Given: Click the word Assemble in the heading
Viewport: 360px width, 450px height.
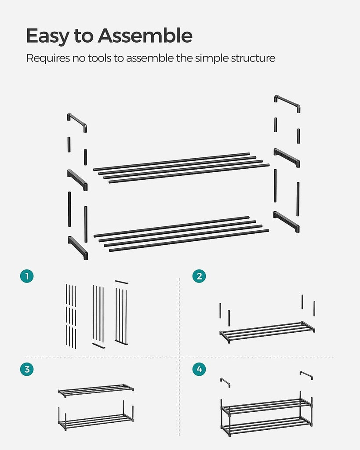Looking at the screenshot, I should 145,36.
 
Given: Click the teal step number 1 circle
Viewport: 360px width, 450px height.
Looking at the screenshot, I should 27,276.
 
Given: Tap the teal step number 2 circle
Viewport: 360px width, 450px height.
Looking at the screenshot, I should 199,276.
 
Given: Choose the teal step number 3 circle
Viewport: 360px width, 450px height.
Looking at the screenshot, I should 27,369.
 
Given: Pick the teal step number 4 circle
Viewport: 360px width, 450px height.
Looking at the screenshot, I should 199,369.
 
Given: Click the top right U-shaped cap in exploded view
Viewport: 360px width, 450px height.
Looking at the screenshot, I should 287,103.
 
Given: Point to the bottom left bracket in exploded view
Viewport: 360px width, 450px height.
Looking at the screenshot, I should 78,247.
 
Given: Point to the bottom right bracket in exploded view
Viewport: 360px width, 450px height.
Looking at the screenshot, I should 286,221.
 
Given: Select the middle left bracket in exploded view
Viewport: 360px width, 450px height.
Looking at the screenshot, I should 77,180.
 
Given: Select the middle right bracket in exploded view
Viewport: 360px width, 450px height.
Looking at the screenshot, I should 287,157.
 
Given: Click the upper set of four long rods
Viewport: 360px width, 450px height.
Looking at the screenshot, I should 181,167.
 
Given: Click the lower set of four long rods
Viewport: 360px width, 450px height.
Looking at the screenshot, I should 181,233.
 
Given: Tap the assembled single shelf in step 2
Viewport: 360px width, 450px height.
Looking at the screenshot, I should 267,332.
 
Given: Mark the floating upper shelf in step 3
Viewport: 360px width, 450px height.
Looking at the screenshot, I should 95,390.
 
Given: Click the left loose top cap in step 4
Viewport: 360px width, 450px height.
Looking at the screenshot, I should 225,382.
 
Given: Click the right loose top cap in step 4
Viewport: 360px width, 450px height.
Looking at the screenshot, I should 306,374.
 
